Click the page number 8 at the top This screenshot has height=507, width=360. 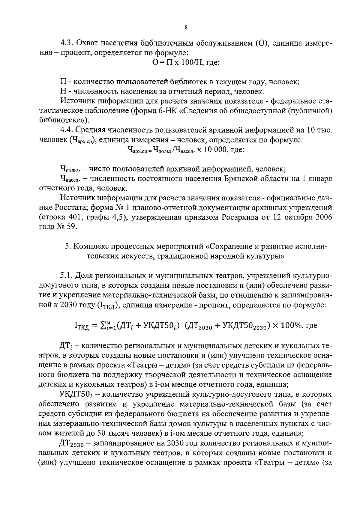pos(186,28)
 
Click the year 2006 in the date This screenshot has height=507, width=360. pos(323,217)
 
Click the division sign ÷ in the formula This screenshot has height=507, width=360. pos(182,325)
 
